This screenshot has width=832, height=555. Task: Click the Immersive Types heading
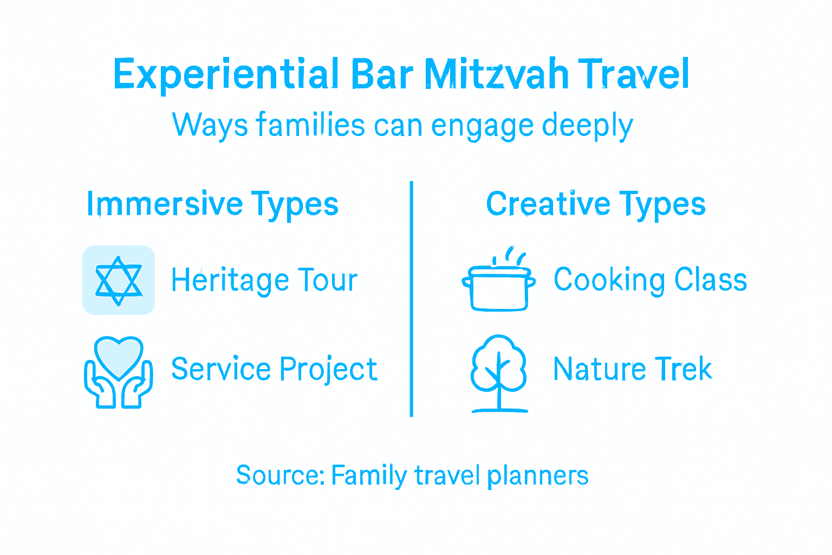212,204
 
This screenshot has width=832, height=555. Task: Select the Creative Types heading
595,204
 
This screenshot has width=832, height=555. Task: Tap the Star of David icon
119,280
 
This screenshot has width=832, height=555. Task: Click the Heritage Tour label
264,280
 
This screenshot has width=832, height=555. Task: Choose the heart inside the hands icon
119,356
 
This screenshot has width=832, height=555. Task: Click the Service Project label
274,369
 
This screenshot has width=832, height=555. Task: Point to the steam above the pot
512,255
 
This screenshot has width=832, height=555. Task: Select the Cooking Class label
650,280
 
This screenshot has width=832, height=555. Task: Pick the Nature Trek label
632,369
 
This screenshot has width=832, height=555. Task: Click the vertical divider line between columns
412,299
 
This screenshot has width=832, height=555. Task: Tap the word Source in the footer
279,475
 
